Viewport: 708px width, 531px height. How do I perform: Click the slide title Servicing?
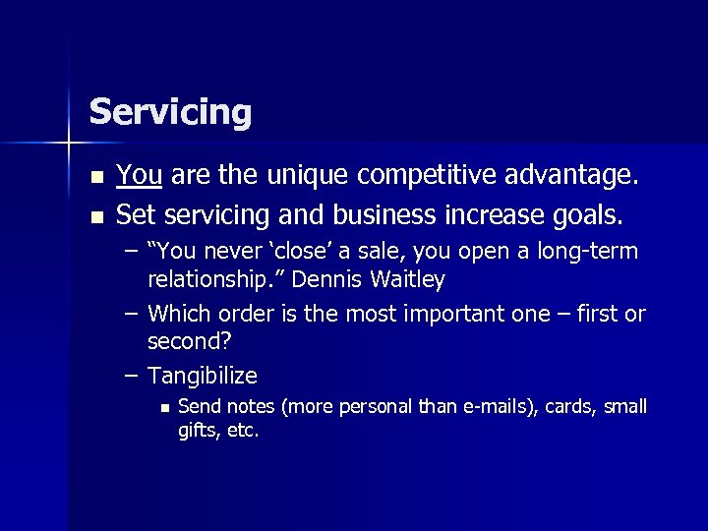pyautogui.click(x=170, y=111)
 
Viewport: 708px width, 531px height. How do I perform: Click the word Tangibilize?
pyautogui.click(x=203, y=376)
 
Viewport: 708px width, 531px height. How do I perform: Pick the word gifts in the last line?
pyautogui.click(x=196, y=431)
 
